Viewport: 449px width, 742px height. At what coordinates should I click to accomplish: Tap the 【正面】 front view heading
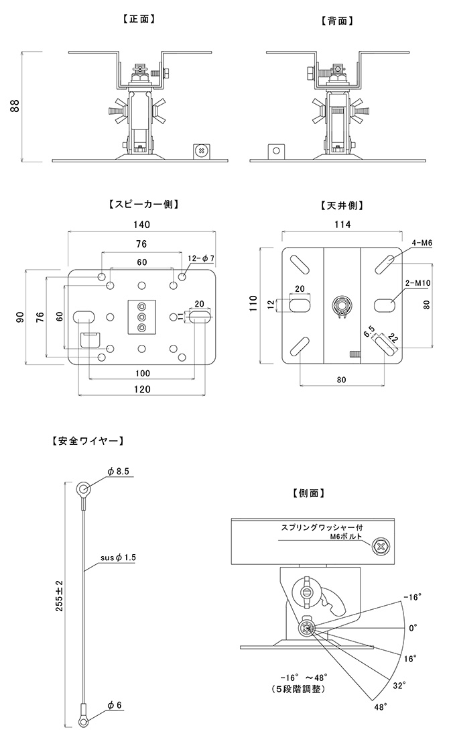point(140,19)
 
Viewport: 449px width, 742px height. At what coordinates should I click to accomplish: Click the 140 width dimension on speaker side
point(141,225)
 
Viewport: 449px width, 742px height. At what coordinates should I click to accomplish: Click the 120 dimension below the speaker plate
point(141,389)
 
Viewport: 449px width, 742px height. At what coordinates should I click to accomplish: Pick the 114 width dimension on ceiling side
point(342,225)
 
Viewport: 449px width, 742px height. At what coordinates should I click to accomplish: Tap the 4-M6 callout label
point(422,242)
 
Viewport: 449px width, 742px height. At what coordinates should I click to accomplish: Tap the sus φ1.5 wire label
point(117,558)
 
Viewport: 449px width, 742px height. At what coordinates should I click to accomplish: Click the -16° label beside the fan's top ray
point(411,597)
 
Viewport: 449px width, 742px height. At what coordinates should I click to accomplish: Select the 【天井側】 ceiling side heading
point(342,205)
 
